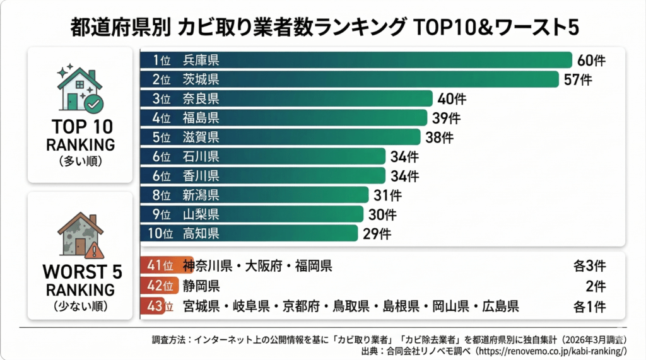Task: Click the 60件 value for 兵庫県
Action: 591,61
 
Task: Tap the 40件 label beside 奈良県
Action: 452,99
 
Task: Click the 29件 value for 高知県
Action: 377,234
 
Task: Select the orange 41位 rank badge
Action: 160,265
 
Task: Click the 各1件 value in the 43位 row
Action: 589,308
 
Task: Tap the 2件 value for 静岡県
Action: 595,287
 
